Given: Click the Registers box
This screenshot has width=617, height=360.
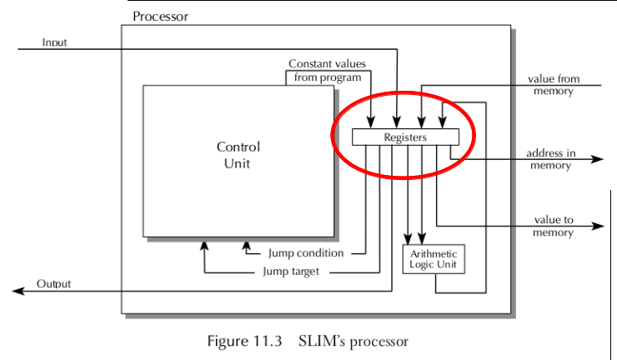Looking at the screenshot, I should click(404, 137).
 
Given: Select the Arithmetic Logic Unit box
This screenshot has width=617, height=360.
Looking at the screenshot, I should click(435, 259).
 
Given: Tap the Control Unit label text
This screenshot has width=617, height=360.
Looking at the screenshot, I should click(238, 155).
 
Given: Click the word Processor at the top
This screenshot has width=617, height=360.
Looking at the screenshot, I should click(160, 17).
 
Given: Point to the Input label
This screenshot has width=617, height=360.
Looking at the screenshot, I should click(54, 41).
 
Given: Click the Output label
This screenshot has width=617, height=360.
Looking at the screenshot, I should click(54, 284).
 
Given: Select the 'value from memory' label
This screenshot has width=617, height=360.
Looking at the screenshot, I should click(554, 85).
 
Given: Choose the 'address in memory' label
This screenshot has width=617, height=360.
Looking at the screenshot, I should click(550, 159).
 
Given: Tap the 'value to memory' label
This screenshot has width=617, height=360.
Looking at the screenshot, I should click(554, 227).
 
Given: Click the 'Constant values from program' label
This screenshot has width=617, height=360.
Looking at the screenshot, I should click(326, 71).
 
